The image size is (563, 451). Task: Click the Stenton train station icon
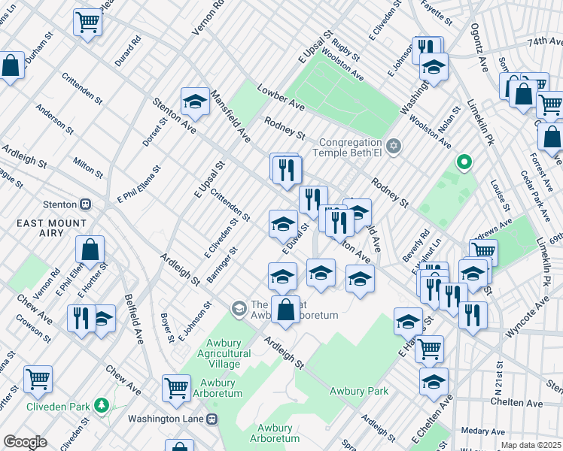point(86,204)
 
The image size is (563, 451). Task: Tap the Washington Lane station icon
point(213,419)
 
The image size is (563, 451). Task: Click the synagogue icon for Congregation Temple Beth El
point(394,145)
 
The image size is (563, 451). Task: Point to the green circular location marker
point(464,162)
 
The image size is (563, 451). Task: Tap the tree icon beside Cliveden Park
point(102,407)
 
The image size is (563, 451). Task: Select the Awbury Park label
point(358,391)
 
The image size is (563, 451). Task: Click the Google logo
point(25,442)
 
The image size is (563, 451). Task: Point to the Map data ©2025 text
point(531,445)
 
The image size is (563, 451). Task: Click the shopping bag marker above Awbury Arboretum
point(285,309)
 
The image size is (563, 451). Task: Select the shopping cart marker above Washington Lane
point(177,387)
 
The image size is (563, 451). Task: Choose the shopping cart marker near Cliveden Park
point(38,379)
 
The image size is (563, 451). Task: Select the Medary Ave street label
point(482,431)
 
